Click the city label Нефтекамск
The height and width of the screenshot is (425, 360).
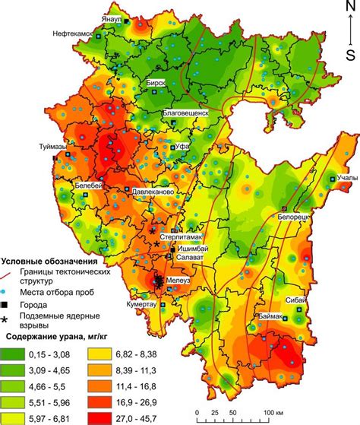pos(77,34)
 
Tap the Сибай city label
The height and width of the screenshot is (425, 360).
pos(296,300)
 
